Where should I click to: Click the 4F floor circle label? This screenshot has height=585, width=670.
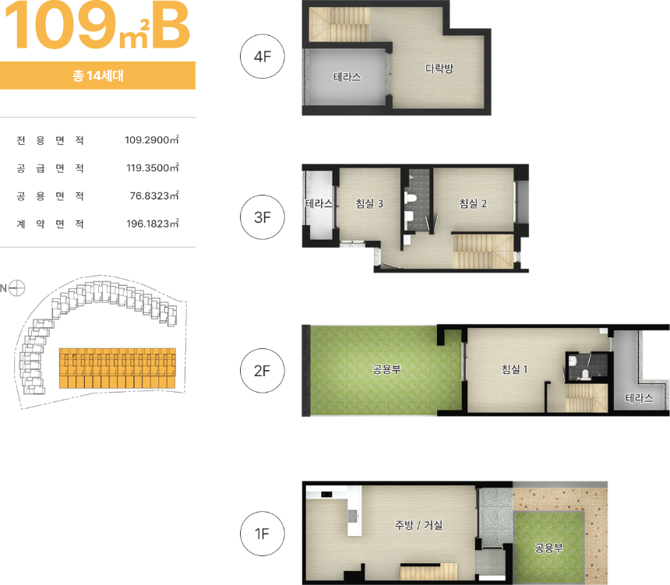coord(263,56)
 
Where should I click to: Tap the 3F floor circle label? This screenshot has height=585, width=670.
coord(263,217)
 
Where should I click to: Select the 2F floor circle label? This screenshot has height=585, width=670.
coord(263,371)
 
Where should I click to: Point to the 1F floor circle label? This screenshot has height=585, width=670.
coord(263,534)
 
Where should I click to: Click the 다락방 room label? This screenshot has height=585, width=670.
coord(439,69)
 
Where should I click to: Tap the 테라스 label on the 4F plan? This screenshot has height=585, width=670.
coord(347,77)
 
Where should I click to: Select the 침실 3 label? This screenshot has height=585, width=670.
coord(369,203)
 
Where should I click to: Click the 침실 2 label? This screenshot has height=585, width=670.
coord(473,203)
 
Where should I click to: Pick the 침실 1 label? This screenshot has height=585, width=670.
coord(514,369)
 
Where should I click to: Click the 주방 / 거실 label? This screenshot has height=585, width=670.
coord(418,525)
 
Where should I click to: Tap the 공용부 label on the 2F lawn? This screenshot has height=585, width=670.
coord(386,369)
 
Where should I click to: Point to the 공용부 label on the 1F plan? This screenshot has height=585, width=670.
coord(548,548)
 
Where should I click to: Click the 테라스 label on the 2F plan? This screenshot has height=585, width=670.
coord(640,398)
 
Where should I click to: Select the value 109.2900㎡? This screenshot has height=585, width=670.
coord(152,139)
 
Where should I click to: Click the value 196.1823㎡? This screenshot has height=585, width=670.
coord(153,224)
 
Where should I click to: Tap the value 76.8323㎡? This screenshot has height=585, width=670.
coord(154,196)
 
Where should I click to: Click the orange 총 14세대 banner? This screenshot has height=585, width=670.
coord(98,76)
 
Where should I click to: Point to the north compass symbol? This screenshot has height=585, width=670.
coord(16,288)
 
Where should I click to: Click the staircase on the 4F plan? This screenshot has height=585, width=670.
coord(339,25)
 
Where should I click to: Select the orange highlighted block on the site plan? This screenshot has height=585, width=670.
coord(118,368)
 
